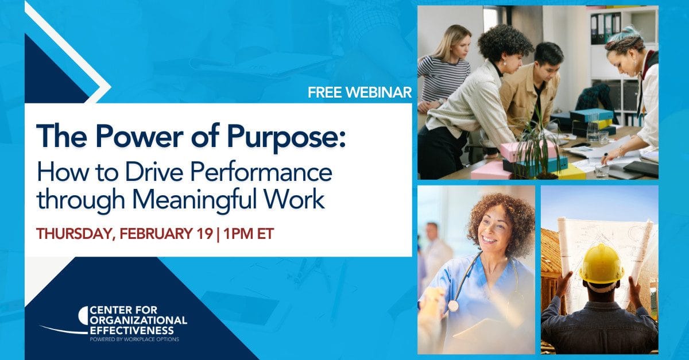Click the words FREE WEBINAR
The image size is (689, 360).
coord(359,92)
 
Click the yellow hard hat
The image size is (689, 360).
coord(601,263)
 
